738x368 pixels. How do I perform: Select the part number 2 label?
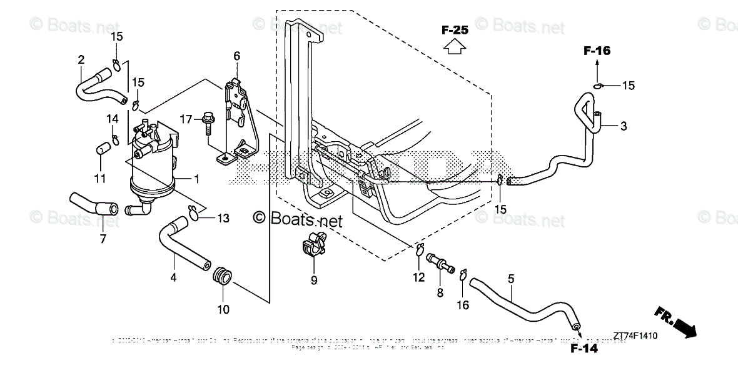tap(81, 60)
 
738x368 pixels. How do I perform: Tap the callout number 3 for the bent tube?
tap(623, 126)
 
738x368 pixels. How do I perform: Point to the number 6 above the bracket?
tap(236, 56)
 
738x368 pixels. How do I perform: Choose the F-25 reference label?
tap(455, 29)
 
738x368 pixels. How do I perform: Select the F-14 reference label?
tap(584, 348)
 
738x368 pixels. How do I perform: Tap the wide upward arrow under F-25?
tap(455, 47)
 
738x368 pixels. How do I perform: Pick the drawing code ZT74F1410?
tap(635, 336)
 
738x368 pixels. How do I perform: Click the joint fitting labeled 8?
tap(440, 261)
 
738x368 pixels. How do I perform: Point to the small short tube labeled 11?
tap(102, 149)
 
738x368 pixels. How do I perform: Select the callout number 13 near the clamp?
tap(223, 218)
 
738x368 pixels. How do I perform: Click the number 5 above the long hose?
tap(511, 279)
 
